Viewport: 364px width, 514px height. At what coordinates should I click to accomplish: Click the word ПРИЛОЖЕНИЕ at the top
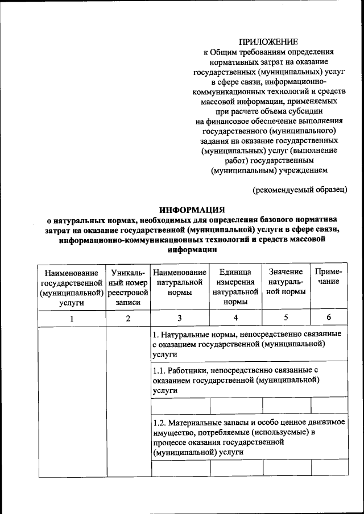268,41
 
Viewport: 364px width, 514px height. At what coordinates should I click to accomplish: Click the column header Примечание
329,277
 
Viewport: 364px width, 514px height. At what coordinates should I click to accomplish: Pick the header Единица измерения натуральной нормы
235,287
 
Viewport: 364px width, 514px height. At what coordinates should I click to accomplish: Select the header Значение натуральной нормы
286,282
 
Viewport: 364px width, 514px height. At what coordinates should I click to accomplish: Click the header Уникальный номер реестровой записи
128,287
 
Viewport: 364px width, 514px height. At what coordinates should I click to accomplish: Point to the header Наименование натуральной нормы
180,282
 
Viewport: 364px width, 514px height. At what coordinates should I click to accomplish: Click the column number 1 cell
72,318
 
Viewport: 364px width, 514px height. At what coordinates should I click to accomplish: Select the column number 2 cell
128,318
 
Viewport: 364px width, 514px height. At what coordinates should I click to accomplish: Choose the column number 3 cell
180,318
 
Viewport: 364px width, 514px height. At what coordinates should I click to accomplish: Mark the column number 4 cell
235,318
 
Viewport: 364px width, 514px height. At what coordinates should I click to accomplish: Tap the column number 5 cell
286,318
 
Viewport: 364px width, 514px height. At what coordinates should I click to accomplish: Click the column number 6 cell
329,318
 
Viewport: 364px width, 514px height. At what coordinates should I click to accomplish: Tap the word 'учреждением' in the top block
301,169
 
